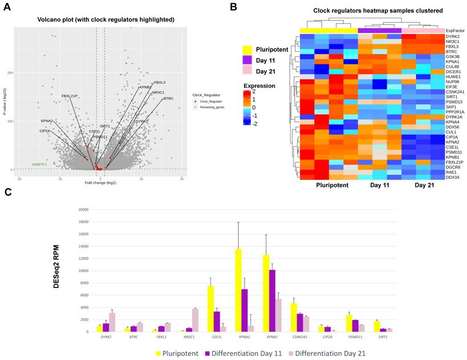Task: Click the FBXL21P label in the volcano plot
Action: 70,96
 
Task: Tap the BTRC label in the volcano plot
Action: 168,99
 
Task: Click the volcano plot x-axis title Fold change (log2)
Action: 97,183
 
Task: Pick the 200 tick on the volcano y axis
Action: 10,72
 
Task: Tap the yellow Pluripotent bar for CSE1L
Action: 210,309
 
